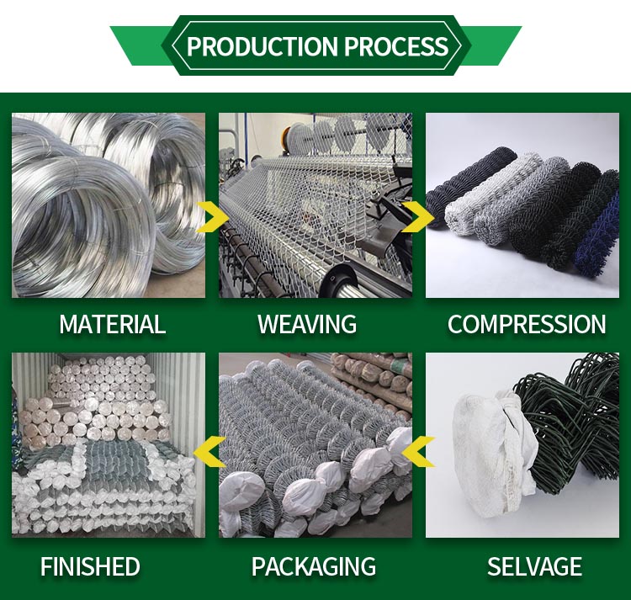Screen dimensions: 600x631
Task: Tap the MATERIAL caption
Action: tap(112, 324)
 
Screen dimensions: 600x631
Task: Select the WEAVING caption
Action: tap(307, 324)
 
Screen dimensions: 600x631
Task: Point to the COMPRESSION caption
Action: tap(527, 324)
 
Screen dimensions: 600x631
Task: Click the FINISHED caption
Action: tap(90, 566)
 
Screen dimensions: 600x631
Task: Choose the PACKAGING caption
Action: tap(314, 566)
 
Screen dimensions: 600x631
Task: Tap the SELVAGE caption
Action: tap(534, 566)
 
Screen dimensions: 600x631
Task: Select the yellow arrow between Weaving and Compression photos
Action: tap(416, 217)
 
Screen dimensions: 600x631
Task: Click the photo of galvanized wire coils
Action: tap(108, 205)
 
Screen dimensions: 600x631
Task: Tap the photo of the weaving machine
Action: tap(315, 205)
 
